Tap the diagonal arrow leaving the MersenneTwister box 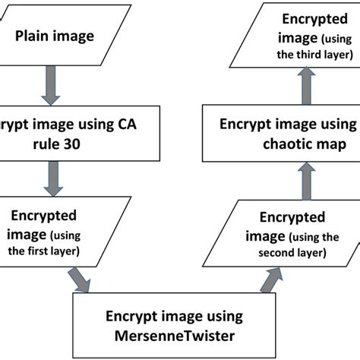(x=269, y=282)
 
